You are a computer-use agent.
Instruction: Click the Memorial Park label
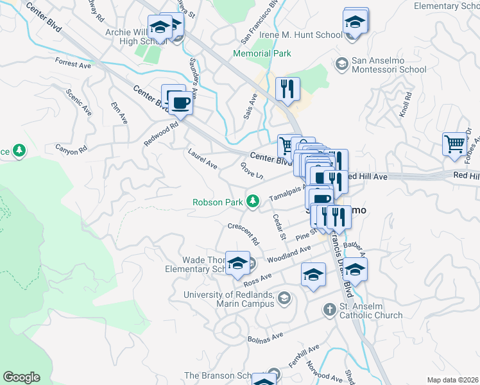[x=262, y=54]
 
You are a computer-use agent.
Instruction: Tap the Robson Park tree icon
[x=253, y=202]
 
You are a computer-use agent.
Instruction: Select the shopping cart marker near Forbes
[x=454, y=144]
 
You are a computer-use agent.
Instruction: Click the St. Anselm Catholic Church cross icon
[x=329, y=310]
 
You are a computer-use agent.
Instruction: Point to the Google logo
[x=21, y=377]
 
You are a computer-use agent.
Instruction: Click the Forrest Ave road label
[x=73, y=64]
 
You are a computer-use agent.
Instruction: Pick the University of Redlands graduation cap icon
[x=284, y=298]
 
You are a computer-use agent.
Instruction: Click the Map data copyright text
[x=452, y=380]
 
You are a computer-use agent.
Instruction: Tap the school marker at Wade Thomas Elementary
[x=237, y=262]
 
